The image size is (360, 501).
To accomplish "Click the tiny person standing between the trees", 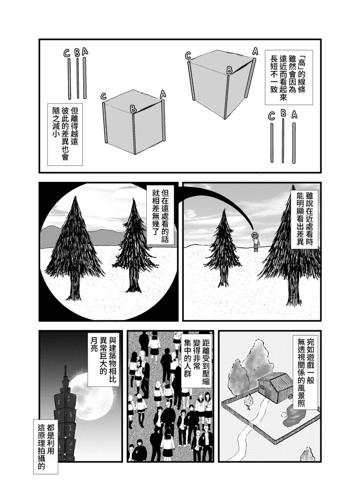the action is click(255, 241).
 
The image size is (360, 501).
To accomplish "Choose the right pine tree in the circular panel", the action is click(134, 246).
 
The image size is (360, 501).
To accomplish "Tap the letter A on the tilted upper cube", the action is click(255, 51).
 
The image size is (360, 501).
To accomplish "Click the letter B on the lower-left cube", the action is click(133, 109).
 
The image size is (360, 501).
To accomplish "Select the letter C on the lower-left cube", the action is click(103, 96).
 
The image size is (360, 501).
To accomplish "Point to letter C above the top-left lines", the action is click(67, 53).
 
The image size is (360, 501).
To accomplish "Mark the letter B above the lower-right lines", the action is click(283, 113).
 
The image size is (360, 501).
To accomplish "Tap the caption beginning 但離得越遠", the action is click(65, 134).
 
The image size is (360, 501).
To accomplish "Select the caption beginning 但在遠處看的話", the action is click(160, 216).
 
